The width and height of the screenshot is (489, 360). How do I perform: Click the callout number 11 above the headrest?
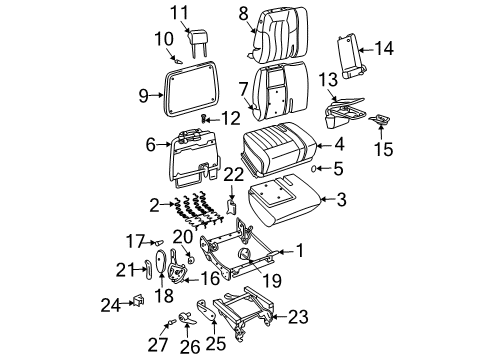[177, 13]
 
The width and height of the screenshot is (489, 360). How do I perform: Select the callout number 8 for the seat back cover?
[243, 13]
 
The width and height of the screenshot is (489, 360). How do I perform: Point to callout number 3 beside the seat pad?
[341, 201]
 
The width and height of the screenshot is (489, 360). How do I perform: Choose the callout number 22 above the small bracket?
[232, 174]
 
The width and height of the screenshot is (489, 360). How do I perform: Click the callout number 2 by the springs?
[153, 205]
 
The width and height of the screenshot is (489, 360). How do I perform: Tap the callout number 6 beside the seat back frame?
[151, 145]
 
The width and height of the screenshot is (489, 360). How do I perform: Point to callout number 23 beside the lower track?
[297, 318]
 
